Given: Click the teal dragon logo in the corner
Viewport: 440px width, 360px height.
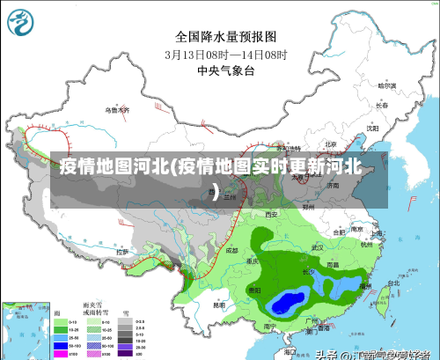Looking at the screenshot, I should [x=25, y=23].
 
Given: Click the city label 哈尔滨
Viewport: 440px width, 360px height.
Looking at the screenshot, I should [x=386, y=86].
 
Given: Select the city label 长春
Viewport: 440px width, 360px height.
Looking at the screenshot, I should [x=381, y=105].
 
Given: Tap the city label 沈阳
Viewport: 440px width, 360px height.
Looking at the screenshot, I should [x=371, y=128].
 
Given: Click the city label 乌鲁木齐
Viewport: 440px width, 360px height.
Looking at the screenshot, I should [x=117, y=110].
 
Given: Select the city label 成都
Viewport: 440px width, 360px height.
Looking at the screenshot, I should [x=231, y=250].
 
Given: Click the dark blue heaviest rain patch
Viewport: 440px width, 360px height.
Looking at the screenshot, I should [x=286, y=304].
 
